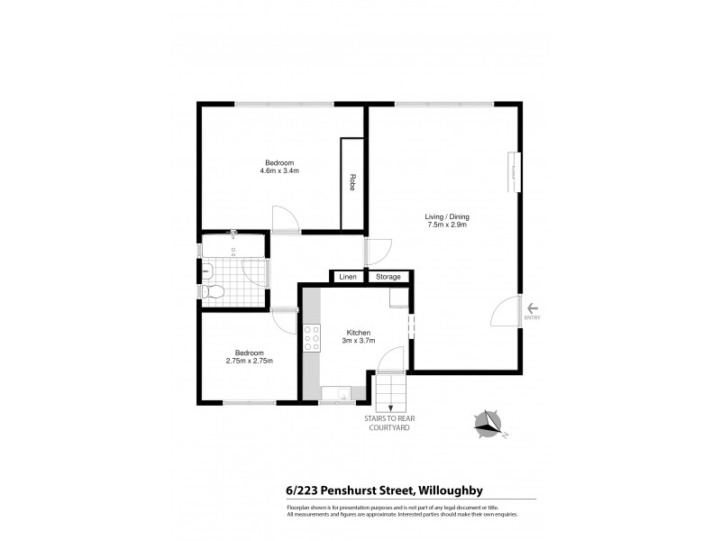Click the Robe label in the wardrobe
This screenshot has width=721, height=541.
pos(352,182)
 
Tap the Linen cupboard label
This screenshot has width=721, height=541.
pos(347,277)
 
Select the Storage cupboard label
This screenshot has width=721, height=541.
pos(388,277)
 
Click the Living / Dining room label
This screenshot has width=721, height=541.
pos(448,216)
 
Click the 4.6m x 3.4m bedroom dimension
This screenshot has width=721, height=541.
pos(278,170)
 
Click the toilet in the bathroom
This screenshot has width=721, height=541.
pos(213,292)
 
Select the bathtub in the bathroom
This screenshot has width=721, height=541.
pos(233,246)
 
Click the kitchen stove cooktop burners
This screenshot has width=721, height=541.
pos(312,337)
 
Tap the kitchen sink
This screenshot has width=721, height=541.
pos(336,392)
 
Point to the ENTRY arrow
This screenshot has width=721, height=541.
pos(532,307)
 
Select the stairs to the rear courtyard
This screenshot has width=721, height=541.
pos(390,391)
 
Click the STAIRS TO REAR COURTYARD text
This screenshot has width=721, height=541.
pos(389,424)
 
